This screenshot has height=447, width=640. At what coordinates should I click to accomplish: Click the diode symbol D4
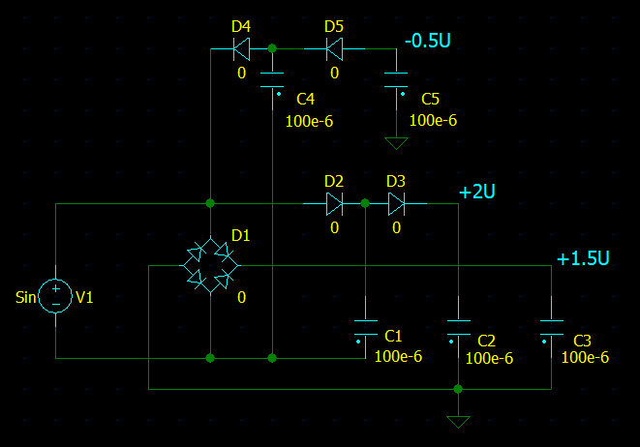click(241, 47)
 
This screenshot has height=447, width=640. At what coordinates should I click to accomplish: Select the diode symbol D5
click(334, 47)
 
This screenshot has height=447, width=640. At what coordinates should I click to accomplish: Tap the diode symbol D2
click(334, 203)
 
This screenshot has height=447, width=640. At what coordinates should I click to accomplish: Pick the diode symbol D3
click(396, 203)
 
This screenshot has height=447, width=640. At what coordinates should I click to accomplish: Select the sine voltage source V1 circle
click(55, 296)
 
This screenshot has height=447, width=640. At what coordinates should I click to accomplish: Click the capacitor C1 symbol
click(365, 325)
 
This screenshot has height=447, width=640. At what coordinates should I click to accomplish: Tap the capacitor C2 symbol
click(458, 325)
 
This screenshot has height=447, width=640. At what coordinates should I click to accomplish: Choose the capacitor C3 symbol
click(551, 325)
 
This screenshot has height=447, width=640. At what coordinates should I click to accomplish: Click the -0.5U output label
click(427, 42)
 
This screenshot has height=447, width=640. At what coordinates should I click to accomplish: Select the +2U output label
click(477, 193)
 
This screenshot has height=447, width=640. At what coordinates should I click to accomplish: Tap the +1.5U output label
click(583, 258)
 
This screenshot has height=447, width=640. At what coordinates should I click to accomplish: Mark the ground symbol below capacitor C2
click(458, 422)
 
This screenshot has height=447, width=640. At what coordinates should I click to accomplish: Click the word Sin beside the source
click(26, 297)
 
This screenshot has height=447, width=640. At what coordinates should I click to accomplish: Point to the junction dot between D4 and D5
click(272, 47)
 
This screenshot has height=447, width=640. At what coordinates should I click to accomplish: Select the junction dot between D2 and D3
click(365, 203)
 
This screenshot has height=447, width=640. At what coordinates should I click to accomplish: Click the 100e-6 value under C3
click(585, 357)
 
